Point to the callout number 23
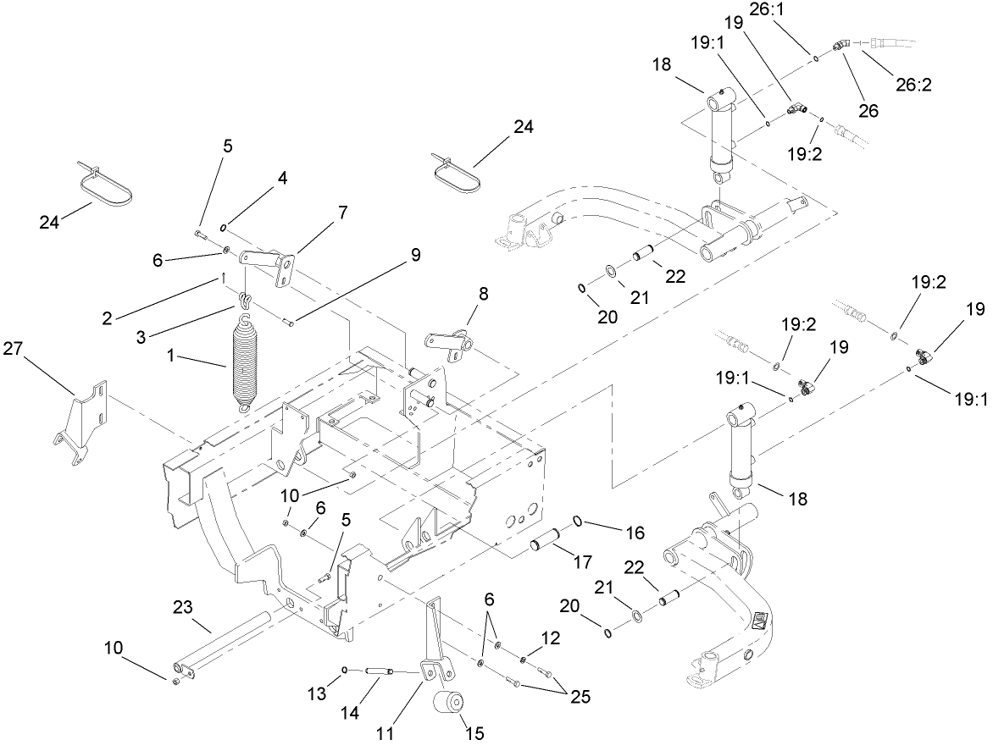click(184, 607)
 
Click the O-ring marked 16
click(578, 521)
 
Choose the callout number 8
click(483, 295)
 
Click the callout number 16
click(635, 533)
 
